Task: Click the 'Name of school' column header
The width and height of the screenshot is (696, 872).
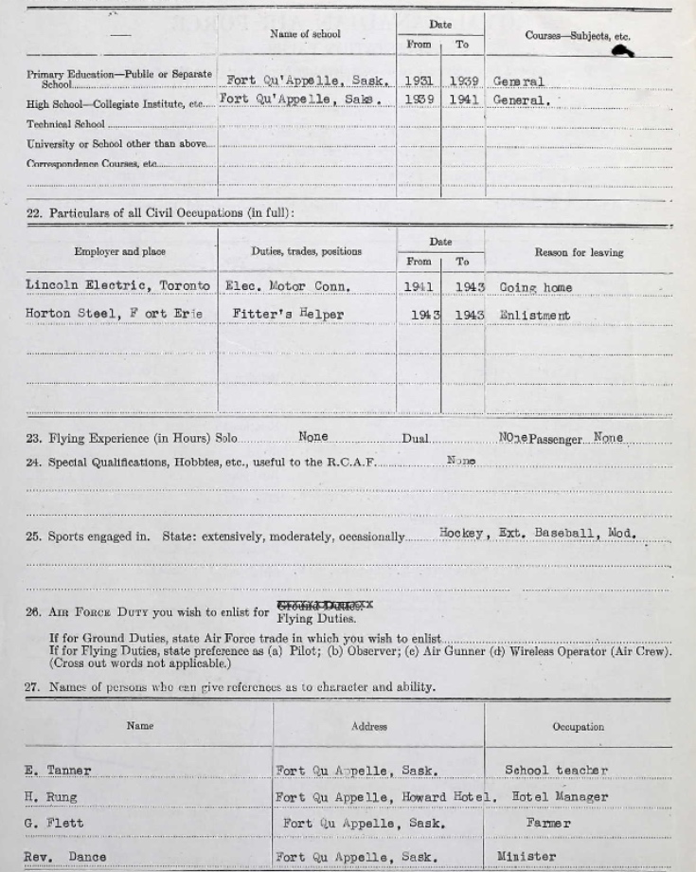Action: (x=305, y=34)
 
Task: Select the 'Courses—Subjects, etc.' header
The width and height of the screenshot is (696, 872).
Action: (x=577, y=36)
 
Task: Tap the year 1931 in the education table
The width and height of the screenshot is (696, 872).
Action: (x=419, y=82)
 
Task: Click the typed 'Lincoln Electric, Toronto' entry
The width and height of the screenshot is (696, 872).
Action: (x=117, y=285)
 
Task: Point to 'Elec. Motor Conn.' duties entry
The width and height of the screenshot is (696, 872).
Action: (x=288, y=286)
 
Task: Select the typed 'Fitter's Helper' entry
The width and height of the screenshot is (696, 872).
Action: (x=288, y=315)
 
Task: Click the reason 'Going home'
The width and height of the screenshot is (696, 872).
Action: (x=536, y=287)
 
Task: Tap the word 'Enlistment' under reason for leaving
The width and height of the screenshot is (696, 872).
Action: (x=535, y=316)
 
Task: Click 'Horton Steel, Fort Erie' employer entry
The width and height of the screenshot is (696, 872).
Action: (x=114, y=315)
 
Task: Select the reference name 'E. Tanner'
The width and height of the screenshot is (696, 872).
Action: (x=58, y=771)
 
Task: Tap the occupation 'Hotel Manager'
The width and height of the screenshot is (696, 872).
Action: (x=561, y=797)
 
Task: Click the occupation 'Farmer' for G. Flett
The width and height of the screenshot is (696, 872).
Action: (x=548, y=824)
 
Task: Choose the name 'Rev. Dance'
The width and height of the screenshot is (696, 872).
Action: (x=64, y=857)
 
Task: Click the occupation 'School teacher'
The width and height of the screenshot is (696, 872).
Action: (x=556, y=771)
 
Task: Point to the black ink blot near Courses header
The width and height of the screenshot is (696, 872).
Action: (x=622, y=50)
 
